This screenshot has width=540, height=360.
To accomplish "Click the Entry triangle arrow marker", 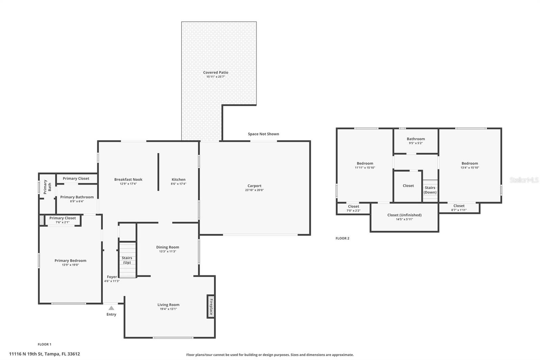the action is coord(111,308).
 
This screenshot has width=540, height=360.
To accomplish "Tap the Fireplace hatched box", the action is coord(211,306).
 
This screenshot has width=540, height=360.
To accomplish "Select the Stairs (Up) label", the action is coord(127,260).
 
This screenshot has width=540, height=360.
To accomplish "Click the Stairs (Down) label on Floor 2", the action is coord(430,190).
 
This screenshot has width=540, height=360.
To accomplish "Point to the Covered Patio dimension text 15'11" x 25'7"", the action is coord(216,77).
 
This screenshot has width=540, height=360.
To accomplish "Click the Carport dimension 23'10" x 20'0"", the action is coord(254,190).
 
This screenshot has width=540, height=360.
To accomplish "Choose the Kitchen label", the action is coord(179,180).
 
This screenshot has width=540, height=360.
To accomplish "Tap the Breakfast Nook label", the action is coord(128,180).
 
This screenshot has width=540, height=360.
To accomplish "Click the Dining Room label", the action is coord(167,247).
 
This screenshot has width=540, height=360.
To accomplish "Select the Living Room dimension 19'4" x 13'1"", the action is coord(168,309).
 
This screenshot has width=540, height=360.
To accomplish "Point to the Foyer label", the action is coord(112,277).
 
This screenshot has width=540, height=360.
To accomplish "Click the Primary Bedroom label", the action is coord(71,261).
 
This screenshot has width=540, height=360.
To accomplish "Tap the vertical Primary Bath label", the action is coord(47,187).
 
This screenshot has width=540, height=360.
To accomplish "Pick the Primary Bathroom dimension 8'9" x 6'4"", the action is coord(77,202).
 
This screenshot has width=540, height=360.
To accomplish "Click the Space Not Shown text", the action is coord(264,134).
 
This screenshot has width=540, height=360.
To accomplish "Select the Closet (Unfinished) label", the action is coord(405,215).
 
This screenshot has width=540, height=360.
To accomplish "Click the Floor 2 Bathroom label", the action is coord(416,139).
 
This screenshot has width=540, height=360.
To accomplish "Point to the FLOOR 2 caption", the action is coord(342,238).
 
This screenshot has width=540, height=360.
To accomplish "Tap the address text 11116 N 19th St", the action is coord(26,354).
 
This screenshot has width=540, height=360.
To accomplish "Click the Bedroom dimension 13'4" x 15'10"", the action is coord(470,168).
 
